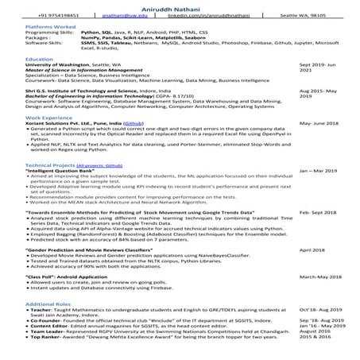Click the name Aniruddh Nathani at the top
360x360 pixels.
180,6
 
